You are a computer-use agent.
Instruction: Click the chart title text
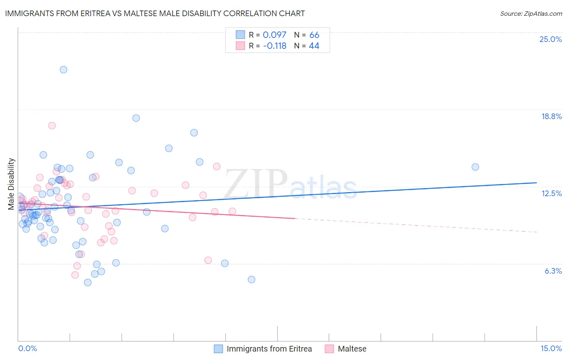(155, 13)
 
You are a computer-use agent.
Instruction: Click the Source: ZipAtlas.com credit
(531, 14)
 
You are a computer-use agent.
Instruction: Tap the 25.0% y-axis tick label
(550, 39)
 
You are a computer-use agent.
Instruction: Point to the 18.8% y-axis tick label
(551, 116)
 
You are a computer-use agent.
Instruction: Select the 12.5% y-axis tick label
(551, 193)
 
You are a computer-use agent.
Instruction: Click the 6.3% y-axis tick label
(553, 271)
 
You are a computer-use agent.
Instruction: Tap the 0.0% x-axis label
(27, 348)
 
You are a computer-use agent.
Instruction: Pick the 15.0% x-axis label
(551, 348)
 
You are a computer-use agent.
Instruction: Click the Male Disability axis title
(11, 184)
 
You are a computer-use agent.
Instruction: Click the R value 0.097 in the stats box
(274, 35)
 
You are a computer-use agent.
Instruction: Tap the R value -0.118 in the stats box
(274, 46)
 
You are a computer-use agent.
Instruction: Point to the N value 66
(314, 35)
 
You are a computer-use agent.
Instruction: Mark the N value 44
(314, 46)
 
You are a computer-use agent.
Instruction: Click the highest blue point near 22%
(63, 69)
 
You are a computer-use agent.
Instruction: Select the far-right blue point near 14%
(475, 167)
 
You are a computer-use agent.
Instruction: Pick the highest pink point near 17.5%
(52, 126)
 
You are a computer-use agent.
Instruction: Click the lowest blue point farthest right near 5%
(251, 279)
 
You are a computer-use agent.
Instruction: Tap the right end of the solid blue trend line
(536, 183)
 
